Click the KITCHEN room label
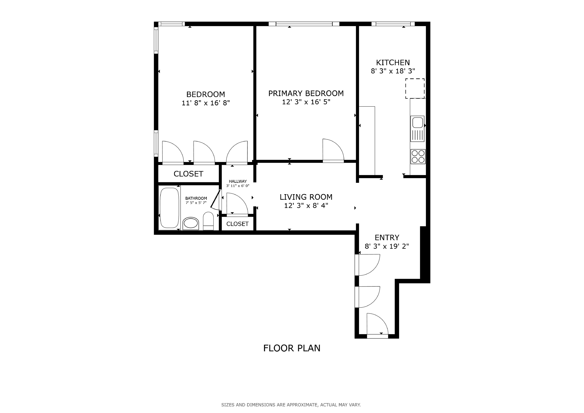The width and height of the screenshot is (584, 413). [393, 63]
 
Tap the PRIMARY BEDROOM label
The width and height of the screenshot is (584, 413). [306, 93]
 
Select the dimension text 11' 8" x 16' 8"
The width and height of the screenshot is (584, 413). [206, 103]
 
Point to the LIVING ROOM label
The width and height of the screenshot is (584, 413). [306, 197]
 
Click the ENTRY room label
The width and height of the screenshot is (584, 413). [387, 238]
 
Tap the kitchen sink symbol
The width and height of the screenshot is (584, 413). [417, 129]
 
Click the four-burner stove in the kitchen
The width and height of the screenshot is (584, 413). [418, 156]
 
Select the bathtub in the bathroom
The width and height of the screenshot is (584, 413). [169, 208]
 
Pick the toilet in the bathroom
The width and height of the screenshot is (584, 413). [208, 221]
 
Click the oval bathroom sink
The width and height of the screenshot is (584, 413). [191, 224]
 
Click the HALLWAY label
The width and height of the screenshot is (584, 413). [238, 181]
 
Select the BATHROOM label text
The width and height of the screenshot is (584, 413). [196, 198]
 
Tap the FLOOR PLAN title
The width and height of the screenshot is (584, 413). [292, 348]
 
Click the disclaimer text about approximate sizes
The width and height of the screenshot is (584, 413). [291, 405]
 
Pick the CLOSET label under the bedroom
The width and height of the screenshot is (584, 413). [188, 174]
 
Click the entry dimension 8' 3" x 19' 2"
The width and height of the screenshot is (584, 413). [387, 246]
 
